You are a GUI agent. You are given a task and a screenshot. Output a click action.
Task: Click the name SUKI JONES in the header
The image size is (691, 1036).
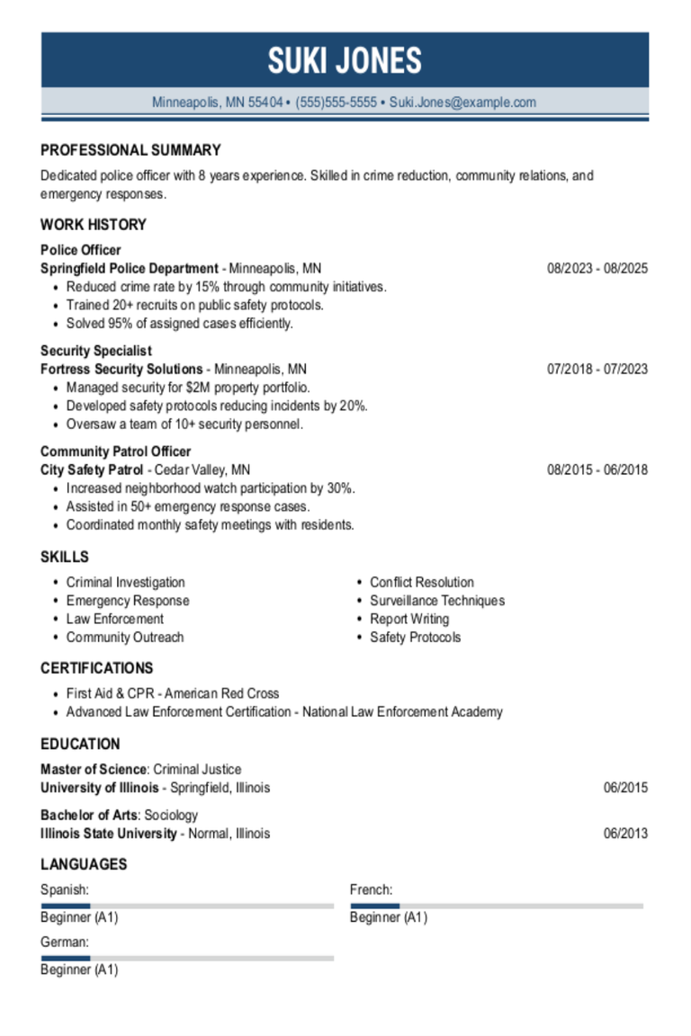point(345,60)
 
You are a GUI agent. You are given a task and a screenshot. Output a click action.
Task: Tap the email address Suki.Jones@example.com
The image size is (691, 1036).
point(462,103)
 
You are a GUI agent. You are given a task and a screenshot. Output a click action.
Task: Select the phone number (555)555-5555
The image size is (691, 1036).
point(336,103)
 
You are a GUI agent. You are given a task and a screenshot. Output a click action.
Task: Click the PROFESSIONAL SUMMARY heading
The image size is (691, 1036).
point(130,150)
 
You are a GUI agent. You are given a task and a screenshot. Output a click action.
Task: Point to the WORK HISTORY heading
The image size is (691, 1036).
point(93,225)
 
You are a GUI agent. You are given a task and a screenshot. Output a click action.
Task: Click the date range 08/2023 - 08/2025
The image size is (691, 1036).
point(597,268)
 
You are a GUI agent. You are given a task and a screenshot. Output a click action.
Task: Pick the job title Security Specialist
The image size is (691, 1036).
point(96,351)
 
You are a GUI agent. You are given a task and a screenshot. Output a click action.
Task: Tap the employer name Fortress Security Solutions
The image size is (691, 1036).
point(121,369)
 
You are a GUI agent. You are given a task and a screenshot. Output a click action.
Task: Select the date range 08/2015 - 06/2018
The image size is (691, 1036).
point(597,469)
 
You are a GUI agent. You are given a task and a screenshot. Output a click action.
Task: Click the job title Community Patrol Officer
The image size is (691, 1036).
point(116,451)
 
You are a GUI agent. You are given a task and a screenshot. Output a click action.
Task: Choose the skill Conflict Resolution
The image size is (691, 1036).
point(422,583)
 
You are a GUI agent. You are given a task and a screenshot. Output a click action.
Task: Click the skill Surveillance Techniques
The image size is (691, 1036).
point(437,601)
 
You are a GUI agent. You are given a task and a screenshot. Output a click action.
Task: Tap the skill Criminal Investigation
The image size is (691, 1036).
point(125,583)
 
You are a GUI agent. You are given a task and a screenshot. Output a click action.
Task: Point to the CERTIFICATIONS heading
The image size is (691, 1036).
point(96,668)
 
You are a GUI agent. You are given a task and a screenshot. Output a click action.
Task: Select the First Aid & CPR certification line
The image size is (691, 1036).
point(173,693)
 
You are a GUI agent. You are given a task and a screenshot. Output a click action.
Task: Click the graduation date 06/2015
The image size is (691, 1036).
point(625,788)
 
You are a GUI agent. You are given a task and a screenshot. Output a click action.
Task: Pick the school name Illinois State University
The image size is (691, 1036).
point(109,834)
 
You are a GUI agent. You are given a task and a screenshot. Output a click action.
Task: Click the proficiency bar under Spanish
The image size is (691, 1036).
point(187,906)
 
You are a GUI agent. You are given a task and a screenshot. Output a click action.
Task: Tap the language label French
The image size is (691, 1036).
point(371,890)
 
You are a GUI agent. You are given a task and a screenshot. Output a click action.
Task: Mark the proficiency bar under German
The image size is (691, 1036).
point(187,958)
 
